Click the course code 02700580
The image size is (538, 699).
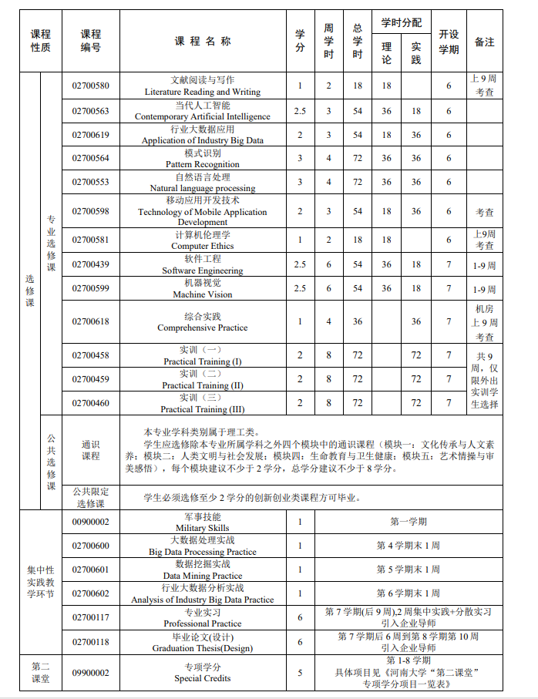[91, 86]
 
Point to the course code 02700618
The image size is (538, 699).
[91, 322]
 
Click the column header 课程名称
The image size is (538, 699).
[202, 41]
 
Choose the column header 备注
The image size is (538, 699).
[484, 42]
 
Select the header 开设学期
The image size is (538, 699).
[449, 42]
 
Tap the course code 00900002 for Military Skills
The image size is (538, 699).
[91, 523]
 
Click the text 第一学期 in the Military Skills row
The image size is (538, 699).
[408, 523]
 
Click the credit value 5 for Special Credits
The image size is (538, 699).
[300, 673]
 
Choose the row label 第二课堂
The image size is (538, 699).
[40, 673]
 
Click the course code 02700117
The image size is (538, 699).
[91, 617]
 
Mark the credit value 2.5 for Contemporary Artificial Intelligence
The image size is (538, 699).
[300, 111]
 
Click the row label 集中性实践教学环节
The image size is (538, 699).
[40, 582]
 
